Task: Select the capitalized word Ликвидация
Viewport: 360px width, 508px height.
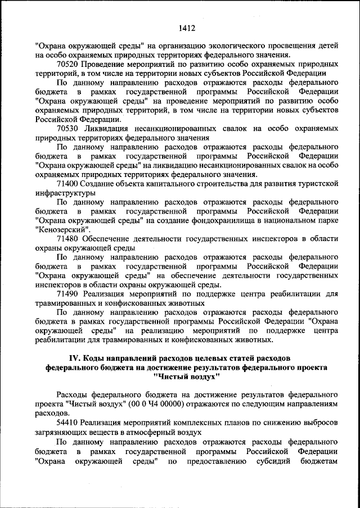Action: coord(103,128)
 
